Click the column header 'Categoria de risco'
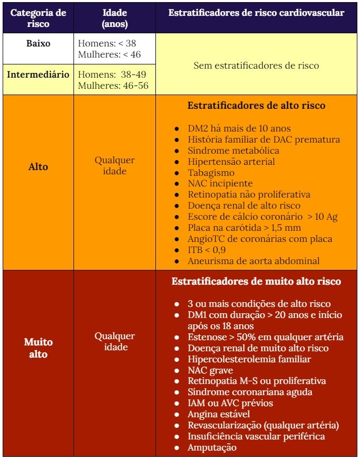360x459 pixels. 38,18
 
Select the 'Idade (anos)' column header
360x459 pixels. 115,18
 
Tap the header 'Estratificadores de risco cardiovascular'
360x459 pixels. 256,12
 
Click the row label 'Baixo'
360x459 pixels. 38,43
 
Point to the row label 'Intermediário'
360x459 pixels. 38,74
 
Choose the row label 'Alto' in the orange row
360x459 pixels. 38,167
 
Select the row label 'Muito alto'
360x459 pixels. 38,348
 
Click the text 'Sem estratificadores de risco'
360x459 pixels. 256,65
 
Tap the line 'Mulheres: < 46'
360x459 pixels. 109,54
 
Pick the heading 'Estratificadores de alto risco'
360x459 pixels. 256,106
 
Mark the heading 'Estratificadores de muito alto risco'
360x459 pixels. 256,282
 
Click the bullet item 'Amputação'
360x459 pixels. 212,447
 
